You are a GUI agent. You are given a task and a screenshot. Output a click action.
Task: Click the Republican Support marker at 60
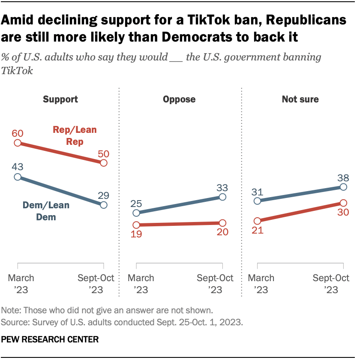point(18,143)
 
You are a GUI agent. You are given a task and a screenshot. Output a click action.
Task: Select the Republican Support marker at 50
point(103,163)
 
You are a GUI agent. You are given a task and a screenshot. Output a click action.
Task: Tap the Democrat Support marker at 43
point(18,177)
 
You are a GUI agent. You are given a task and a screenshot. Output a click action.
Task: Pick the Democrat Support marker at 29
point(103,205)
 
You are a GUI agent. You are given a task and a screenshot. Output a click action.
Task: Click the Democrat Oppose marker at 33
point(222,197)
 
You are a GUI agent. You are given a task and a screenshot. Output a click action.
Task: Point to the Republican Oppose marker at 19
point(136,225)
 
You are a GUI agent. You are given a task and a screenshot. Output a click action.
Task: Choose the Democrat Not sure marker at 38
point(343,187)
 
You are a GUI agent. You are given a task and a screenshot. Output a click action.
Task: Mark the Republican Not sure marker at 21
point(257,221)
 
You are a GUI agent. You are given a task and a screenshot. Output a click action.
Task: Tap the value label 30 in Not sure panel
point(343,213)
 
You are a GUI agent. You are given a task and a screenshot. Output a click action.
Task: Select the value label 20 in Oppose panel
point(222,232)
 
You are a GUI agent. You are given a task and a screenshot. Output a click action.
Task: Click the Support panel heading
point(60,99)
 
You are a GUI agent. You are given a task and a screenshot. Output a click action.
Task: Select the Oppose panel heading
point(179,99)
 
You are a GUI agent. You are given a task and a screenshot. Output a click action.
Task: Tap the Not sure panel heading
point(300,99)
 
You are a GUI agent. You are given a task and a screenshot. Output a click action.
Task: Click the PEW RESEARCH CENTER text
point(50,339)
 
